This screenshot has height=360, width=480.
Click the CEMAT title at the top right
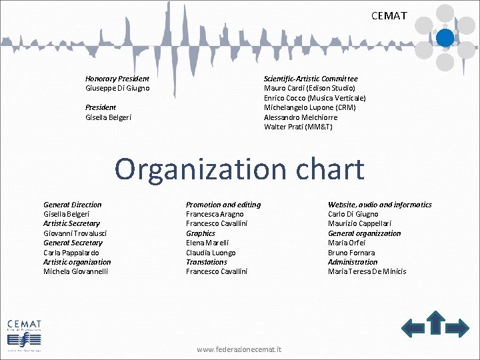389,15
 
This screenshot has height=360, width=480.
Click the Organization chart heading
239,169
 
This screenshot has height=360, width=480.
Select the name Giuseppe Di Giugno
117,88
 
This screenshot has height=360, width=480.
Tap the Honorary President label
117,79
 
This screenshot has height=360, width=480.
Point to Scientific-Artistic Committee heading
311,79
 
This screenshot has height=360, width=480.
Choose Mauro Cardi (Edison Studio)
309,88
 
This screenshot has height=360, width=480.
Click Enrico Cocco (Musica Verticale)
315,98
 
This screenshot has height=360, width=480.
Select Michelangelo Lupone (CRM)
309,107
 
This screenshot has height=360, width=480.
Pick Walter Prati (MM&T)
298,127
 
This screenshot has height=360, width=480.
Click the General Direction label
73,205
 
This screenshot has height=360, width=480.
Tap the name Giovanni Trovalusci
75,233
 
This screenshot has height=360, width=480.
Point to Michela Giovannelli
75,271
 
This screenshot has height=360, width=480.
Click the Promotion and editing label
223,205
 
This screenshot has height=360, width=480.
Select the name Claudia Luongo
211,253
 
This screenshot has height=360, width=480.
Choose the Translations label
207,262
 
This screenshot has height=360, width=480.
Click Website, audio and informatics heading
380,205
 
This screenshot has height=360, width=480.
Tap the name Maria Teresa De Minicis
367,271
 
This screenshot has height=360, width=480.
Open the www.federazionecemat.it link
239,349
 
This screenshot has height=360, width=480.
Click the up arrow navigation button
436,322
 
